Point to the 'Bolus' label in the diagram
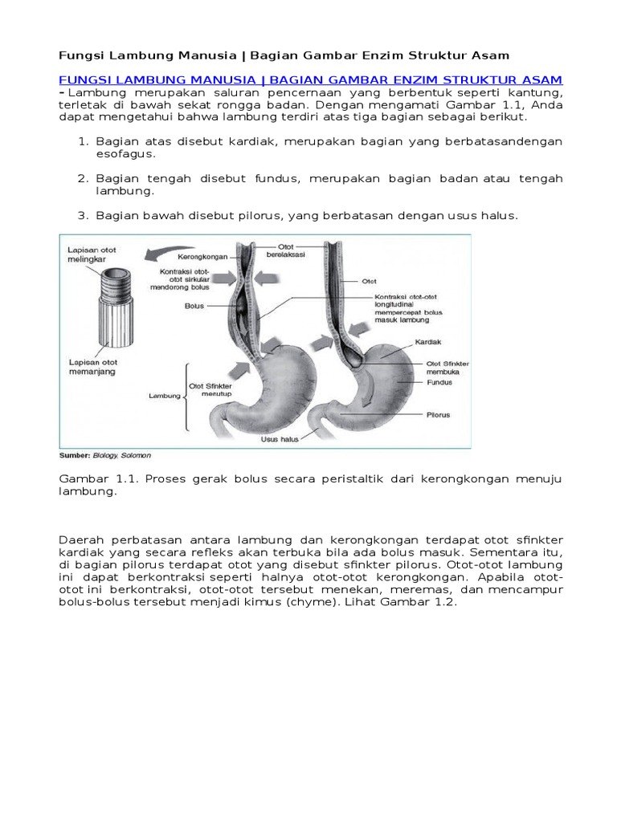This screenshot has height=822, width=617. [x=194, y=306]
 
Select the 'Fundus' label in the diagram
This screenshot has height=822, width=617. [x=439, y=382]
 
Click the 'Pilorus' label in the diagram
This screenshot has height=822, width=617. [x=438, y=415]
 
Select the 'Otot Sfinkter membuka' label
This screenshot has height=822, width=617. [x=447, y=368]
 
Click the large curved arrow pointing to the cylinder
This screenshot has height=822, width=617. [x=172, y=255]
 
